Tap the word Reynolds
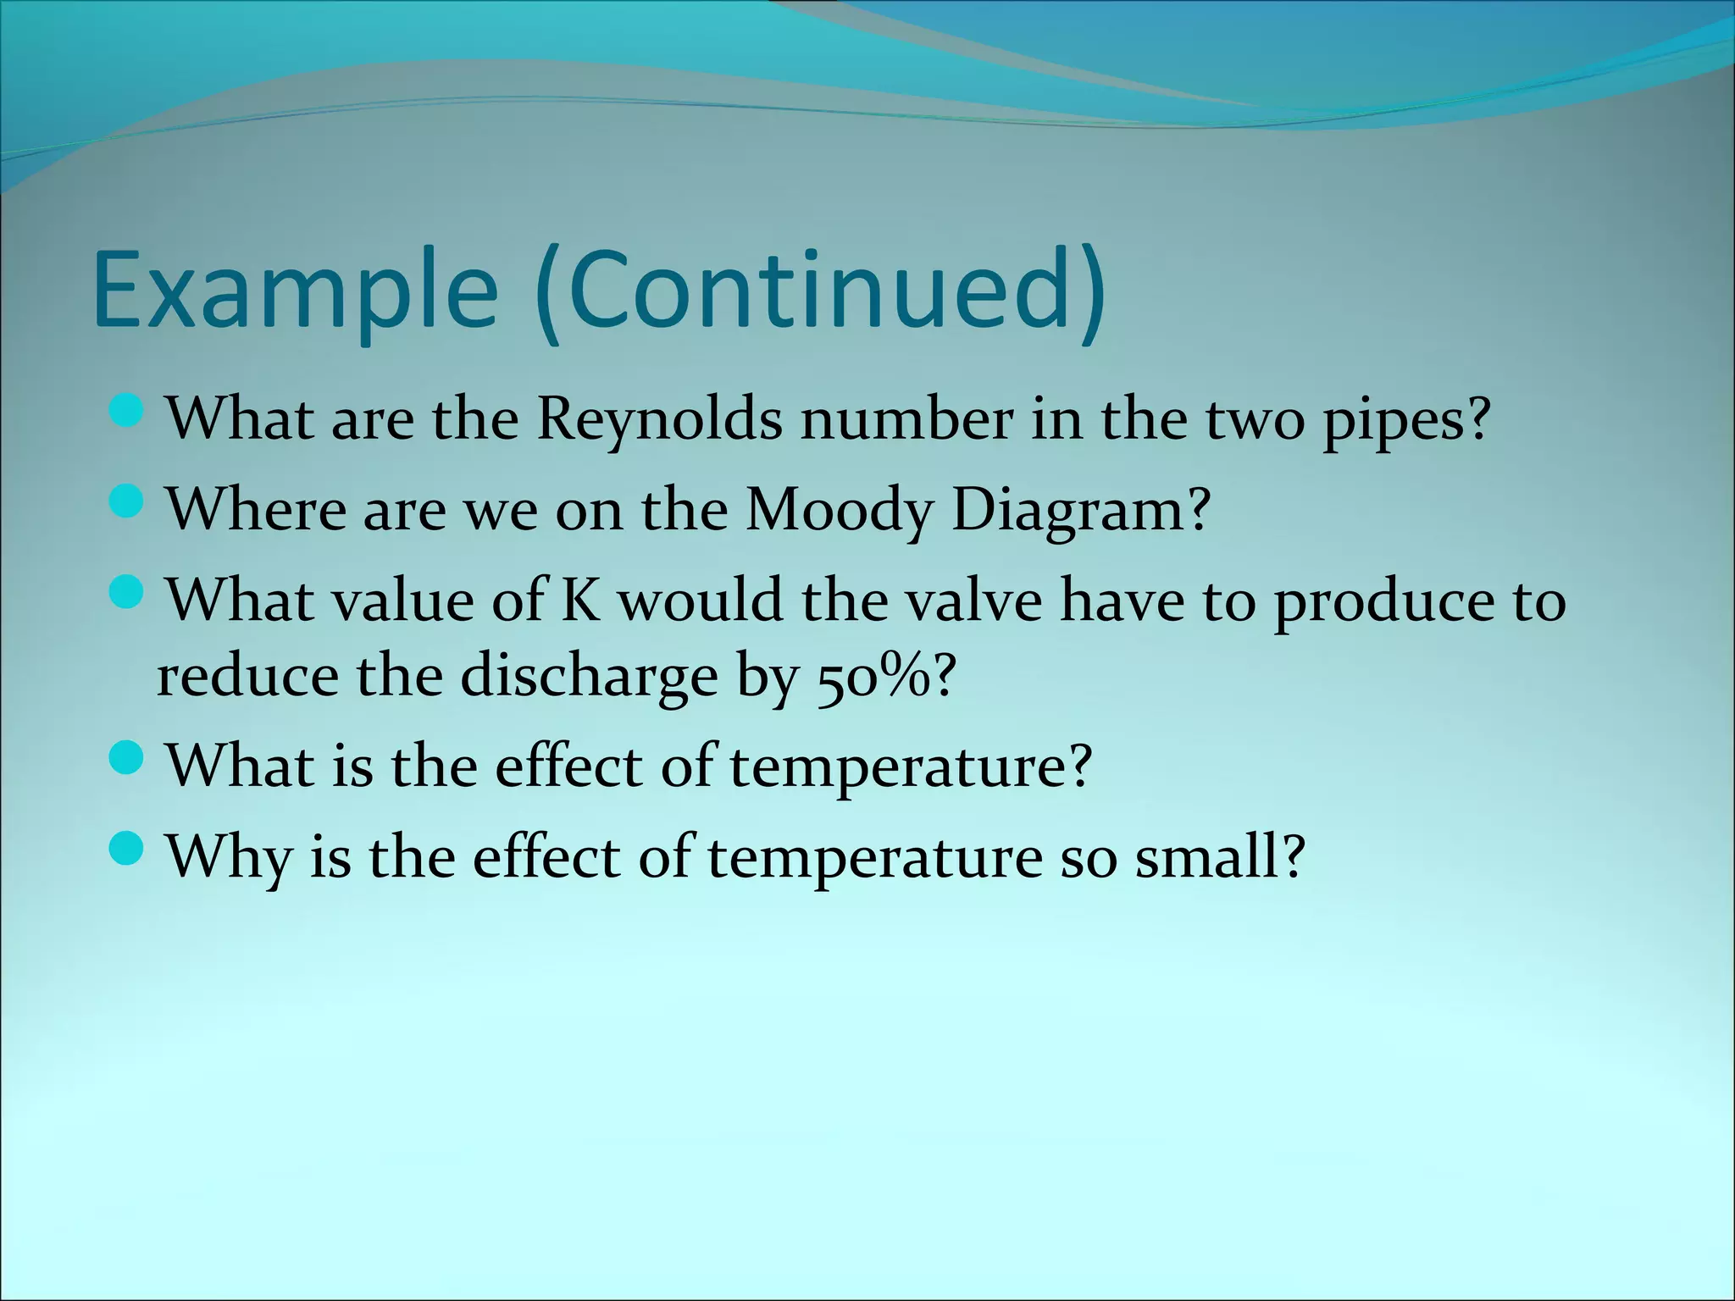pyautogui.click(x=660, y=419)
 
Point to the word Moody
pyautogui.click(x=839, y=512)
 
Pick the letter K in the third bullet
pyautogui.click(x=580, y=600)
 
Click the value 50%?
pyautogui.click(x=886, y=678)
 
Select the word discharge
pyautogui.click(x=590, y=678)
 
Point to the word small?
pyautogui.click(x=1219, y=857)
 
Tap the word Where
pyautogui.click(x=255, y=510)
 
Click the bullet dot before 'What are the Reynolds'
pyautogui.click(x=128, y=412)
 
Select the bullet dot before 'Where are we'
pyautogui.click(x=128, y=503)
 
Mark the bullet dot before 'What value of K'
pyautogui.click(x=128, y=593)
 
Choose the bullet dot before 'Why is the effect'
pyautogui.click(x=128, y=850)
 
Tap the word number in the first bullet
pyautogui.click(x=906, y=419)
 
